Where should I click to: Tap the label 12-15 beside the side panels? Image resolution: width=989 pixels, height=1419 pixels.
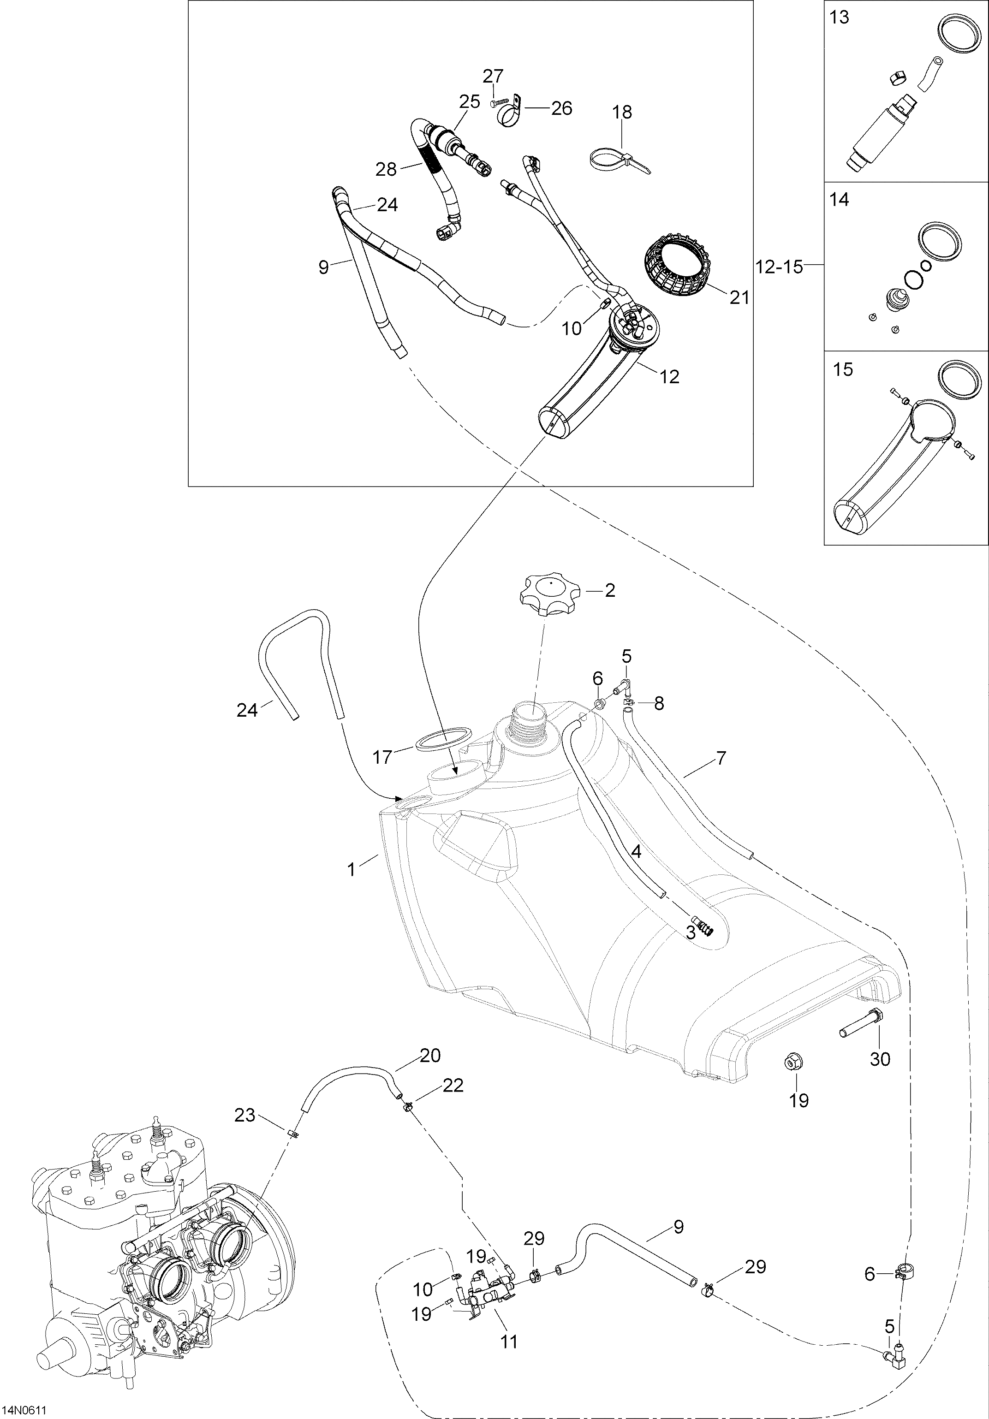(778, 267)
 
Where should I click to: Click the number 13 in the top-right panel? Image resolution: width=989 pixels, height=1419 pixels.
(840, 18)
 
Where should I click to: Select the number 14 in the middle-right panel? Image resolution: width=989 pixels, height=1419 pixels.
(840, 200)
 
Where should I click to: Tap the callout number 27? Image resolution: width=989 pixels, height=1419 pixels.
(493, 76)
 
